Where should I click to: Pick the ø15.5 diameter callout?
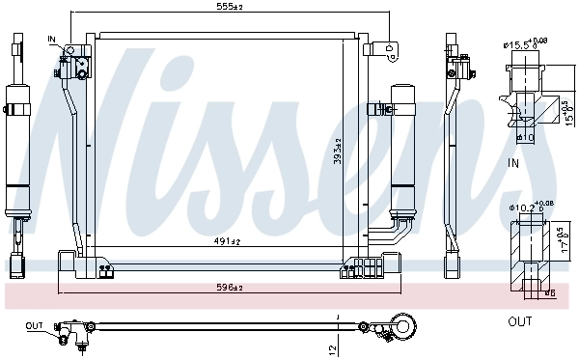522,43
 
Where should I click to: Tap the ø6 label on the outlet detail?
549,292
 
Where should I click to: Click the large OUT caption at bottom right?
520,321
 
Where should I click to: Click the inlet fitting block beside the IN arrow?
81,65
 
